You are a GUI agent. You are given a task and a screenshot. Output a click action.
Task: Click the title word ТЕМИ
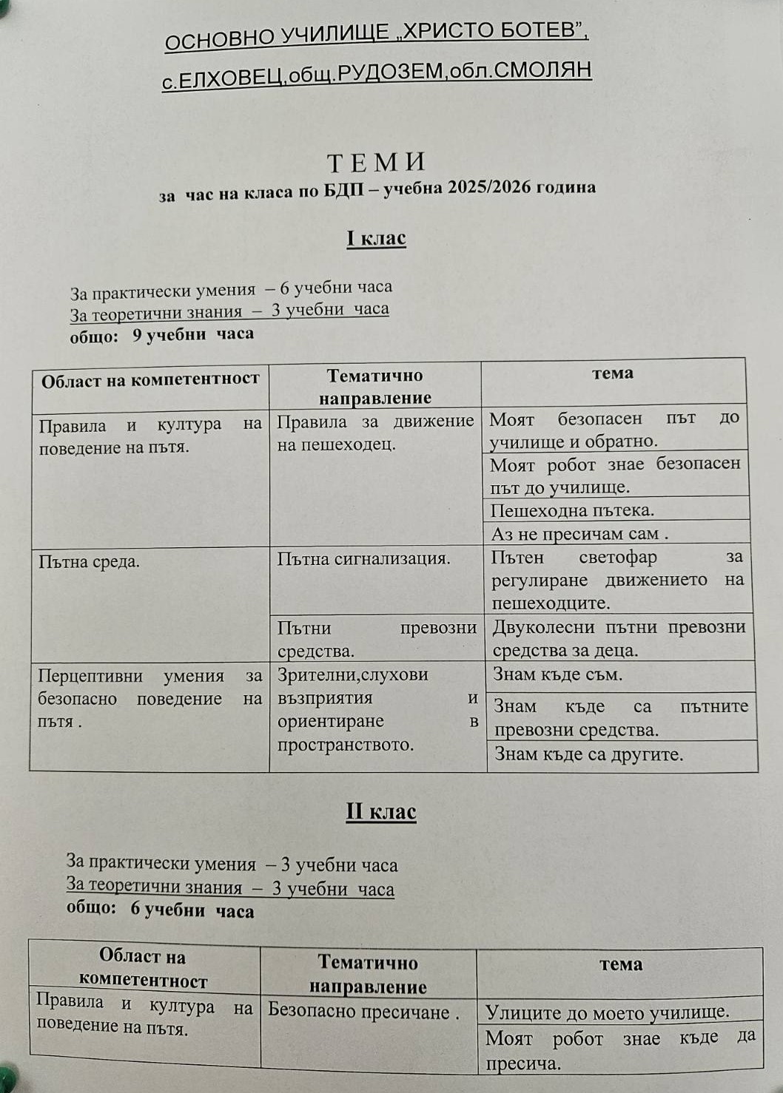377,162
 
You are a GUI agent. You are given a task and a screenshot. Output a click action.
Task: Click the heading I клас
376,238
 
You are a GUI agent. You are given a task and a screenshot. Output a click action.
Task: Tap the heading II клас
381,811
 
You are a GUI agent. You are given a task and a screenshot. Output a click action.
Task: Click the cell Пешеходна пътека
572,510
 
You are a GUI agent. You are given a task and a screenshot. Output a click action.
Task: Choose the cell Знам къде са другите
588,754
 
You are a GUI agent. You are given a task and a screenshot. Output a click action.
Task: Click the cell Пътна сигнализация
363,558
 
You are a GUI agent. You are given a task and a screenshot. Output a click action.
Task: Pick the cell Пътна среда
89,561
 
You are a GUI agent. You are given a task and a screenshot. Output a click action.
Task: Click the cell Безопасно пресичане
363,1010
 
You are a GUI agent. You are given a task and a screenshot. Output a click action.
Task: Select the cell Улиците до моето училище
607,1012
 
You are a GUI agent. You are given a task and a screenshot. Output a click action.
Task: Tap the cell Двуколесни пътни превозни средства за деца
619,638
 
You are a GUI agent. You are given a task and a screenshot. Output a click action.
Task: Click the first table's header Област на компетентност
150,380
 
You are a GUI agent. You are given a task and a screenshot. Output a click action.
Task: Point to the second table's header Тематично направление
368,974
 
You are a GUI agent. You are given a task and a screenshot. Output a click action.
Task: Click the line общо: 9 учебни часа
161,334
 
